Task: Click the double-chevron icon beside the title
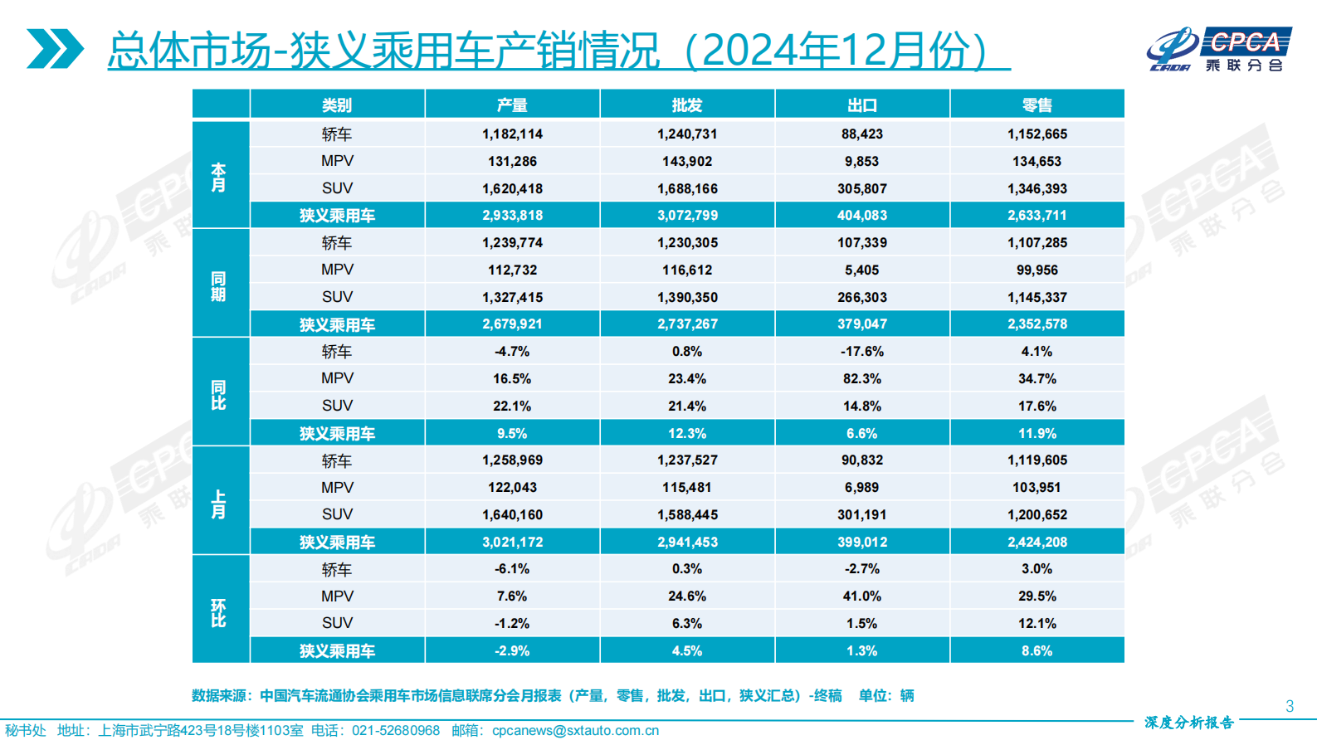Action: (55, 49)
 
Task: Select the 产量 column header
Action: (512, 105)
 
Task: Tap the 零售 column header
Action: (1037, 105)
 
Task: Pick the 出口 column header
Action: (862, 105)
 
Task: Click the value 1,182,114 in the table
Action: (512, 134)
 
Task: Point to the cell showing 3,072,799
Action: (687, 216)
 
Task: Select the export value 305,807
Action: (862, 189)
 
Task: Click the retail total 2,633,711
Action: (1037, 216)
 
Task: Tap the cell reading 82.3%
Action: (862, 379)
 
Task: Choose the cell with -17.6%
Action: (862, 352)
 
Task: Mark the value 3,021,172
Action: (512, 543)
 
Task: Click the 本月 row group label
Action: (219, 176)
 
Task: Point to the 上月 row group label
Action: (219, 503)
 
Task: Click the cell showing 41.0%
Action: (862, 596)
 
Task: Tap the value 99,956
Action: (1037, 270)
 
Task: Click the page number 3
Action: (1290, 706)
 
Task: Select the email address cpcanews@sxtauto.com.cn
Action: (575, 731)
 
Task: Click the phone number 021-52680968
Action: (396, 731)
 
